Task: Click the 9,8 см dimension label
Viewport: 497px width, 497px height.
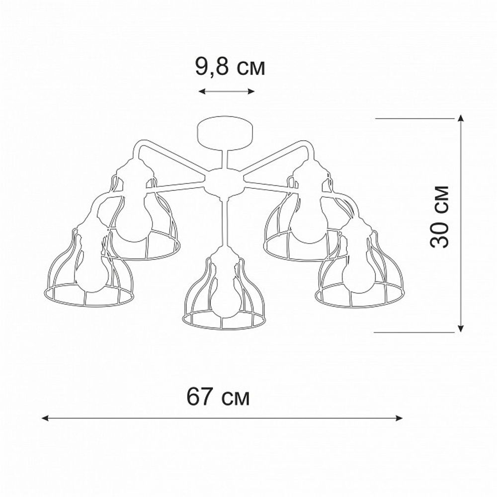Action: pos(230,67)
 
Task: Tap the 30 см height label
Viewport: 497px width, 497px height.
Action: pos(440,216)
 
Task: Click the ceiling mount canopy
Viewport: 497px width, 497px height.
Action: pos(226,132)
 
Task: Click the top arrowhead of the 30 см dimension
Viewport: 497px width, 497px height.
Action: pos(461,118)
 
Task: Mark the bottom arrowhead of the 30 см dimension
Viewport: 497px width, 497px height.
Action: pos(461,329)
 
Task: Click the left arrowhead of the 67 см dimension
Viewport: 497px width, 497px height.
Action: pos(45,418)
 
